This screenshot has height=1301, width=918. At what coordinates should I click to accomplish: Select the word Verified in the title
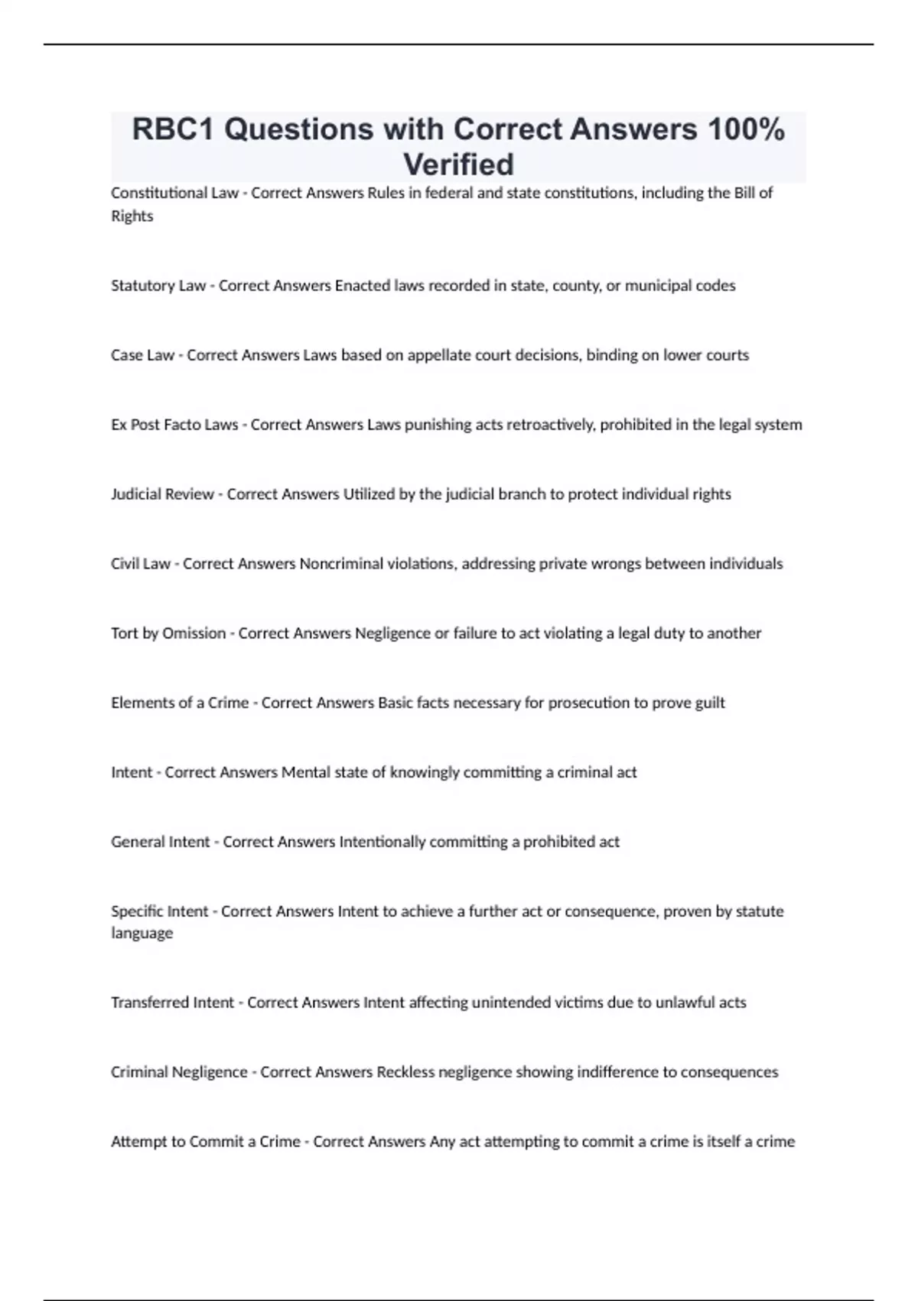(x=458, y=165)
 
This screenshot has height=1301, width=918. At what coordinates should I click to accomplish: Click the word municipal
(x=656, y=285)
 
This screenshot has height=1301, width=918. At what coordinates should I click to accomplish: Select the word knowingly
(x=422, y=773)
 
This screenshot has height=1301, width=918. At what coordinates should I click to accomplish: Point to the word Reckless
(x=405, y=1072)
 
